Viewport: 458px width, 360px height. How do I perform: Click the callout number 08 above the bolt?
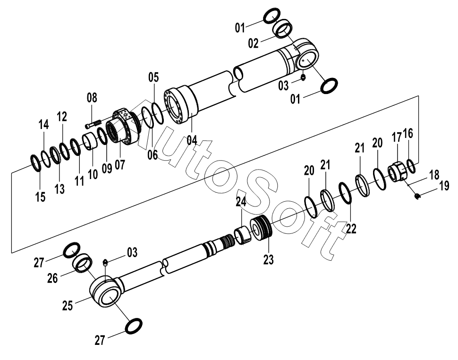click(x=92, y=98)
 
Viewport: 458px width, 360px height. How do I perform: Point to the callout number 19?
click(x=444, y=186)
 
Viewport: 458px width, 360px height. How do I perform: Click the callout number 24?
click(x=241, y=202)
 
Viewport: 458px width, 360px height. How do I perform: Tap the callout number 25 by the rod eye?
click(x=68, y=306)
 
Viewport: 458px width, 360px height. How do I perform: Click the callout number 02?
click(x=254, y=43)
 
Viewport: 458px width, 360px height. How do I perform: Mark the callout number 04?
click(x=192, y=140)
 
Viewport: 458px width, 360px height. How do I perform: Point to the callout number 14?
click(x=43, y=125)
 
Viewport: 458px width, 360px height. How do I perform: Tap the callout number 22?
click(x=351, y=228)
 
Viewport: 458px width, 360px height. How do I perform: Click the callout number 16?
click(x=408, y=133)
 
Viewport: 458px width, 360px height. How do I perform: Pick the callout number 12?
click(x=62, y=117)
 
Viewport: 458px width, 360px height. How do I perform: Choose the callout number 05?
click(x=153, y=77)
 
